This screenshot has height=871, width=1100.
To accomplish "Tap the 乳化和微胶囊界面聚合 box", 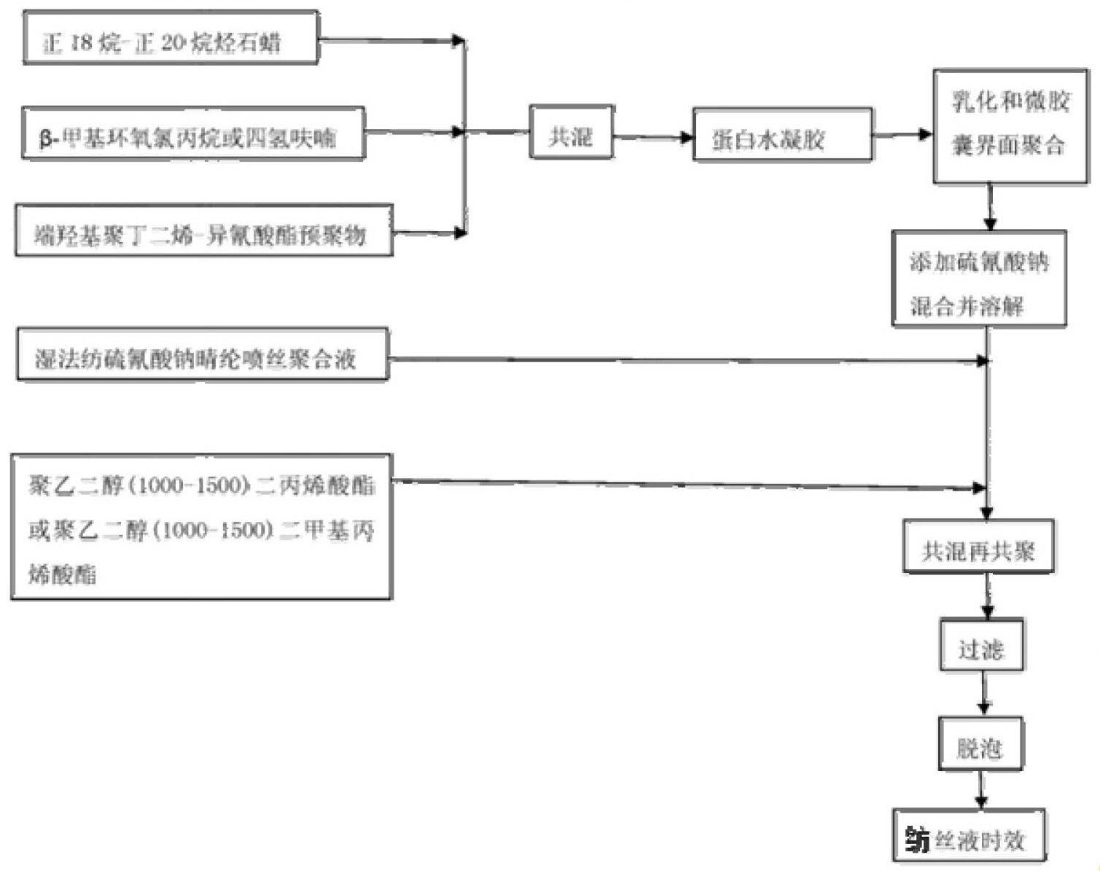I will pyautogui.click(x=1010, y=126).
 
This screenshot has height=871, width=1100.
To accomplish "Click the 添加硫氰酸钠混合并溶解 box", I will pyautogui.click(x=979, y=278).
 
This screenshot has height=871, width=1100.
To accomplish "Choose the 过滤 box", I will pyautogui.click(x=981, y=645).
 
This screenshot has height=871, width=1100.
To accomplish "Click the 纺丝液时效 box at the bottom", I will pyautogui.click(x=969, y=836).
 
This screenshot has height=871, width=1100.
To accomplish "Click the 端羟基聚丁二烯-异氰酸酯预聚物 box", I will pyautogui.click(x=204, y=231).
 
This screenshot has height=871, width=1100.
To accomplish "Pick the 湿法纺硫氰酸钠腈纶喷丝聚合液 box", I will pyautogui.click(x=202, y=355).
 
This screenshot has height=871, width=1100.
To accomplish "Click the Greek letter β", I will pyautogui.click(x=46, y=138).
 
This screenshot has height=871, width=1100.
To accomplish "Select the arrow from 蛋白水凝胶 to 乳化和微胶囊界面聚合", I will pyautogui.click(x=902, y=134).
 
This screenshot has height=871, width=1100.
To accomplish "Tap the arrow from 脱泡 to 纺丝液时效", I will pyautogui.click(x=981, y=789).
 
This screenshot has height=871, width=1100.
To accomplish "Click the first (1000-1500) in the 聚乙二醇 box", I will pyautogui.click(x=190, y=485).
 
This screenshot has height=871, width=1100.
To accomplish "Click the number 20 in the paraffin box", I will pyautogui.click(x=173, y=42).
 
